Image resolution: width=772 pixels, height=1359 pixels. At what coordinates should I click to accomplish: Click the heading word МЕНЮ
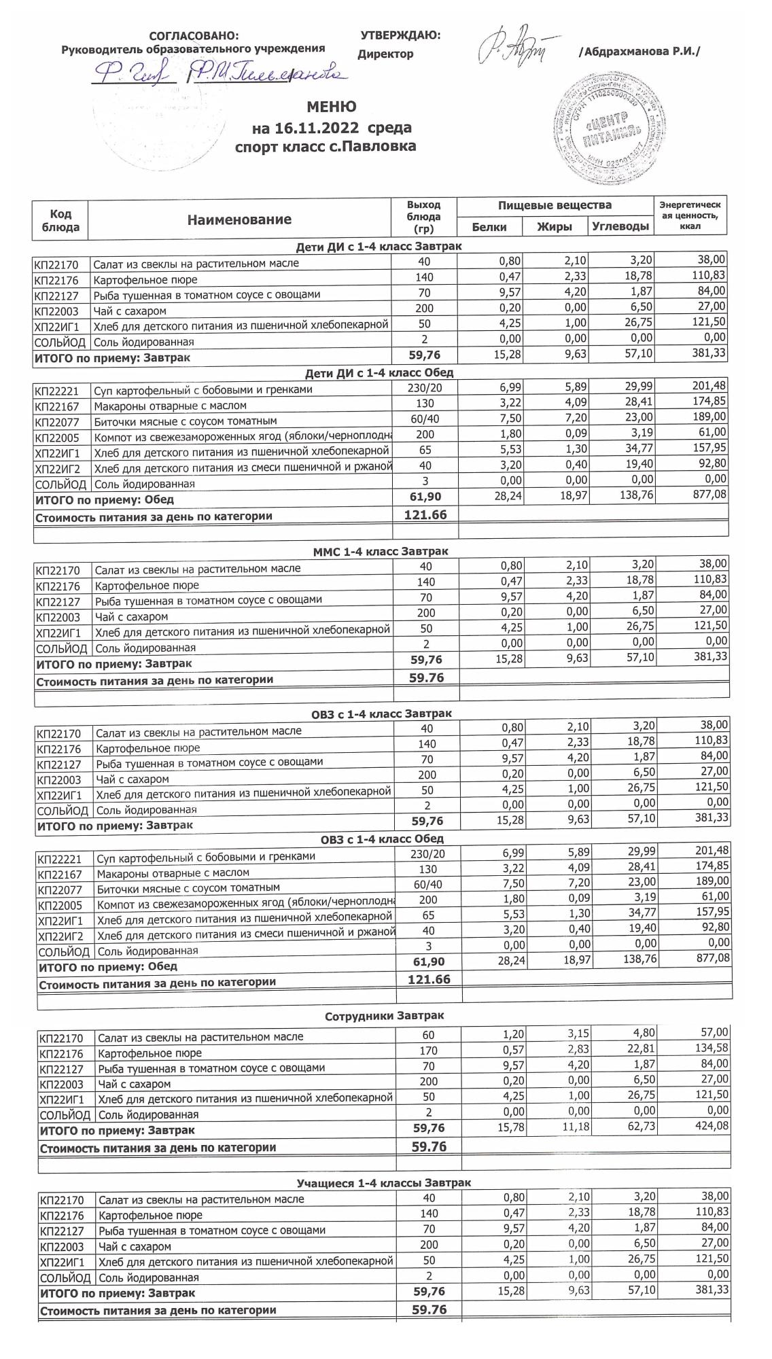point(331,107)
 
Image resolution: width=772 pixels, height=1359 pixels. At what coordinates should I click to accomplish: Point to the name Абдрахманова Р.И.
point(639,52)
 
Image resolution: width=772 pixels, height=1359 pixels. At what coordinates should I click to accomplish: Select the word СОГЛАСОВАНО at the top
point(194,36)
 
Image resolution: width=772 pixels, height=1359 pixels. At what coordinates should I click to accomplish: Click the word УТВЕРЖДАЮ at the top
point(400,35)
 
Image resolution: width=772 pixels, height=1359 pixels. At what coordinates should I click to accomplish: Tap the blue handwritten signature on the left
point(217,71)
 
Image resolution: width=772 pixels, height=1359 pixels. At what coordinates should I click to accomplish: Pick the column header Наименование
point(239,219)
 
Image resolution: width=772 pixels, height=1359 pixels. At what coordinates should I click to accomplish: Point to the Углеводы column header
point(620,226)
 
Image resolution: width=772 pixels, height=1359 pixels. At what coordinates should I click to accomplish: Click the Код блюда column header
point(60,220)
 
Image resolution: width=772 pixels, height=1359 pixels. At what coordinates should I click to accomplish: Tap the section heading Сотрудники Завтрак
point(384,1017)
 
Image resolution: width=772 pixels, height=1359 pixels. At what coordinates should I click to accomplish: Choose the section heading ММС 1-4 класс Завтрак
point(380,552)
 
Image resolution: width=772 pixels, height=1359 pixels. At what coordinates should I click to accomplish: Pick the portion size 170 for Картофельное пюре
point(429,1051)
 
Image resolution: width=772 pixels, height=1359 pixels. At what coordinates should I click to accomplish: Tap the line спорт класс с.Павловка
point(325,146)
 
